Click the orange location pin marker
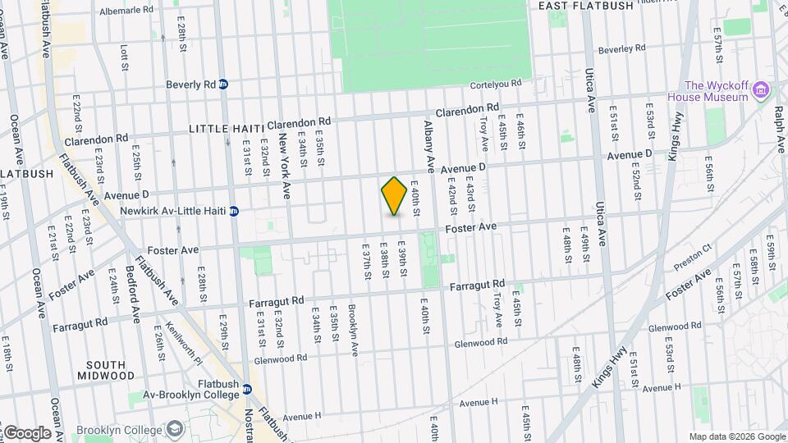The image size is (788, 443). (395, 196)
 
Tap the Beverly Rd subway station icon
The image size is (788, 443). (223, 84)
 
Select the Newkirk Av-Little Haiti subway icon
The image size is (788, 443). (234, 211)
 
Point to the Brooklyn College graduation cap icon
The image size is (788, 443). (175, 429)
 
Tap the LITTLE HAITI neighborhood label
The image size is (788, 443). (218, 129)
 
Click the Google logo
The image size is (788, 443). (27, 432)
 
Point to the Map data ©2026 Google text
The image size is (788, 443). (736, 436)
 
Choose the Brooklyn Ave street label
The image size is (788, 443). (354, 330)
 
